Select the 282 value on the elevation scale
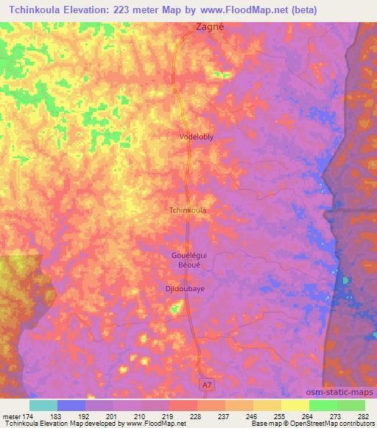point(364,416)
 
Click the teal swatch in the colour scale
point(43,405)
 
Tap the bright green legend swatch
point(323,405)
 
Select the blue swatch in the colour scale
point(71,405)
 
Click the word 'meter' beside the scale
point(11,416)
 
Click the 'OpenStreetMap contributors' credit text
point(331,424)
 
